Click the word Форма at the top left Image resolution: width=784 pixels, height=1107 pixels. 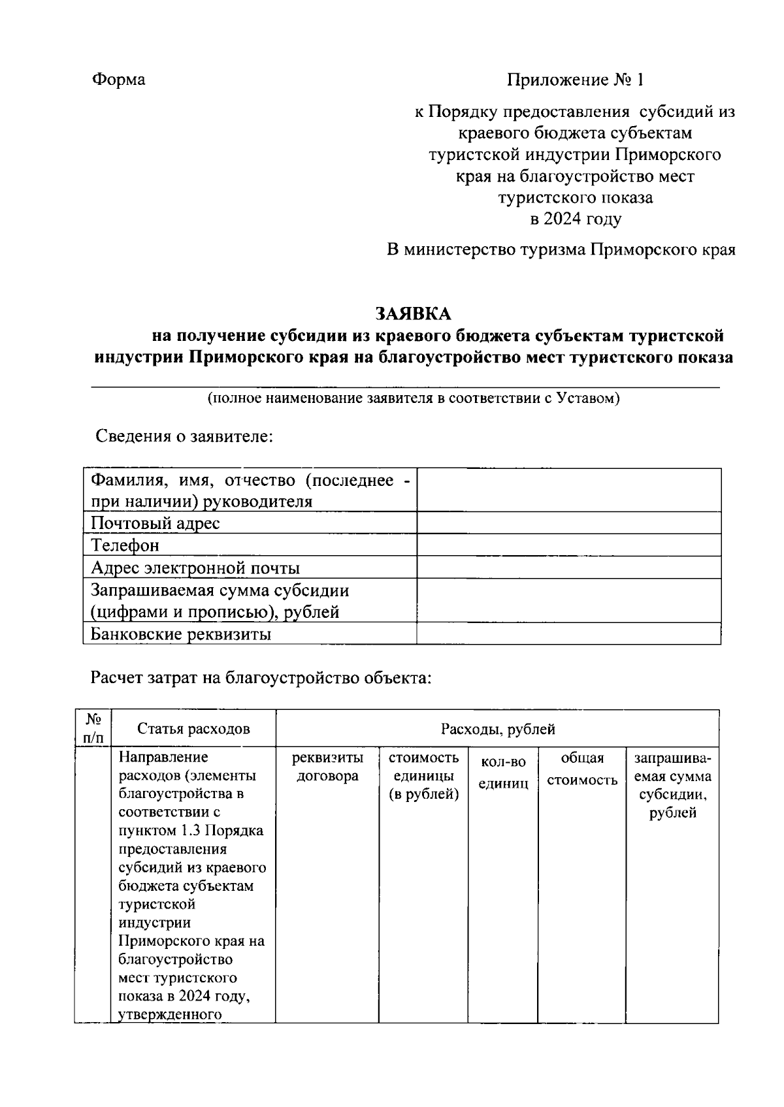(x=118, y=80)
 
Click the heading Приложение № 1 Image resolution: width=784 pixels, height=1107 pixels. (x=576, y=80)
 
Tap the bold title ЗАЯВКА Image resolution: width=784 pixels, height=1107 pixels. (x=413, y=314)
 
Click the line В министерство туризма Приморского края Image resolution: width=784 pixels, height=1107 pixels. (x=561, y=250)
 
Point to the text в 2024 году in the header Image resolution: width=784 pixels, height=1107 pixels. (x=576, y=219)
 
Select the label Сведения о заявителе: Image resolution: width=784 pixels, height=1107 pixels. (x=184, y=436)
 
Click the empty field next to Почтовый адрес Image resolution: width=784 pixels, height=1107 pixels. (x=568, y=523)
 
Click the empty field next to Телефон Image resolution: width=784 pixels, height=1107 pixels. (x=568, y=545)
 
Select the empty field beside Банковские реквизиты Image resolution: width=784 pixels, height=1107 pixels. (x=568, y=634)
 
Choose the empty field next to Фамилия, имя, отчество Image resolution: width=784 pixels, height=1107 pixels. (x=568, y=490)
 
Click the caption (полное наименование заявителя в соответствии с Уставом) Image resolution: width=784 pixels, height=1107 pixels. (x=413, y=398)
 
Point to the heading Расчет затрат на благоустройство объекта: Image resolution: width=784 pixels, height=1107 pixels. (x=261, y=678)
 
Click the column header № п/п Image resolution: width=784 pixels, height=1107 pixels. (x=93, y=728)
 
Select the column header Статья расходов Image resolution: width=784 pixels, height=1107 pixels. (x=193, y=729)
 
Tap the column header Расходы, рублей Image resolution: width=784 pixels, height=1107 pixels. (x=497, y=729)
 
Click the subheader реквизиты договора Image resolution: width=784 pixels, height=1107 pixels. (x=327, y=767)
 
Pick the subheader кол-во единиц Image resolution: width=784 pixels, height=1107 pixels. (x=503, y=773)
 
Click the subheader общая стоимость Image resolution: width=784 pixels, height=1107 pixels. (x=581, y=769)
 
